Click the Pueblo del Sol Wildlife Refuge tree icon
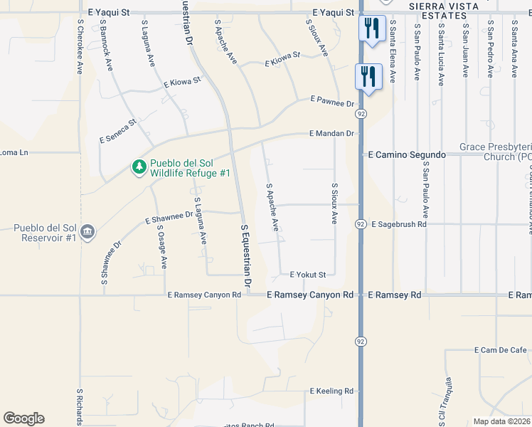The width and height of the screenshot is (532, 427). tap(139, 167)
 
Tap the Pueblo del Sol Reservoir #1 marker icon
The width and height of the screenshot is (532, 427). tap(87, 232)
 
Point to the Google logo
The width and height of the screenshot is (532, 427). tap(23, 418)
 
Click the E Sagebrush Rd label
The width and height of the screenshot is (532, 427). tap(398, 224)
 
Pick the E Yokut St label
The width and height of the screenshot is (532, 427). tap(308, 275)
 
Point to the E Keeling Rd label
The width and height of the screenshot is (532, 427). tap(331, 391)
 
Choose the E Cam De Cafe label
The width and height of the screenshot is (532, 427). tap(501, 350)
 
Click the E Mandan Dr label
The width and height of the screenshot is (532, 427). tap(331, 134)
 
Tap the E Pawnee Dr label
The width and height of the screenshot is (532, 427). tap(331, 101)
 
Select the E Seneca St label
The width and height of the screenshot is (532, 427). tap(118, 131)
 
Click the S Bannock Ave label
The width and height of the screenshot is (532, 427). tap(107, 43)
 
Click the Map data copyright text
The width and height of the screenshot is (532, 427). tap(502, 421)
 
